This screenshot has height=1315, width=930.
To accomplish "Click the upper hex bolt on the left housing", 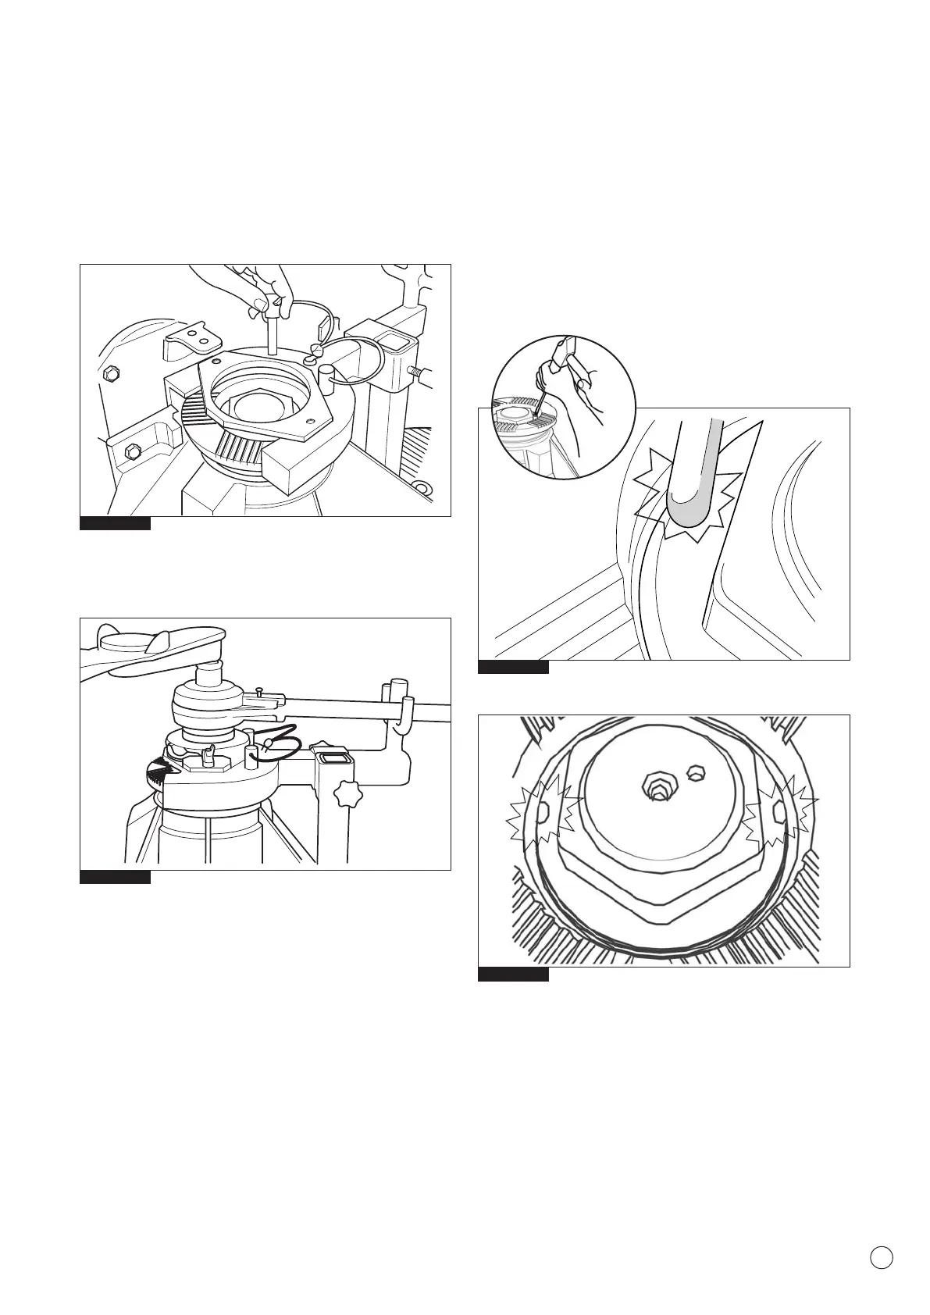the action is pos(110,374).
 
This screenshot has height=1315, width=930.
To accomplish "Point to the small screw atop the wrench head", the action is pos(258,690).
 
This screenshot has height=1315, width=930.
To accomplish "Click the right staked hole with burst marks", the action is pos(778,814).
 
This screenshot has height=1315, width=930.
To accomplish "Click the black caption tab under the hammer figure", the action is pos(513,667).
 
